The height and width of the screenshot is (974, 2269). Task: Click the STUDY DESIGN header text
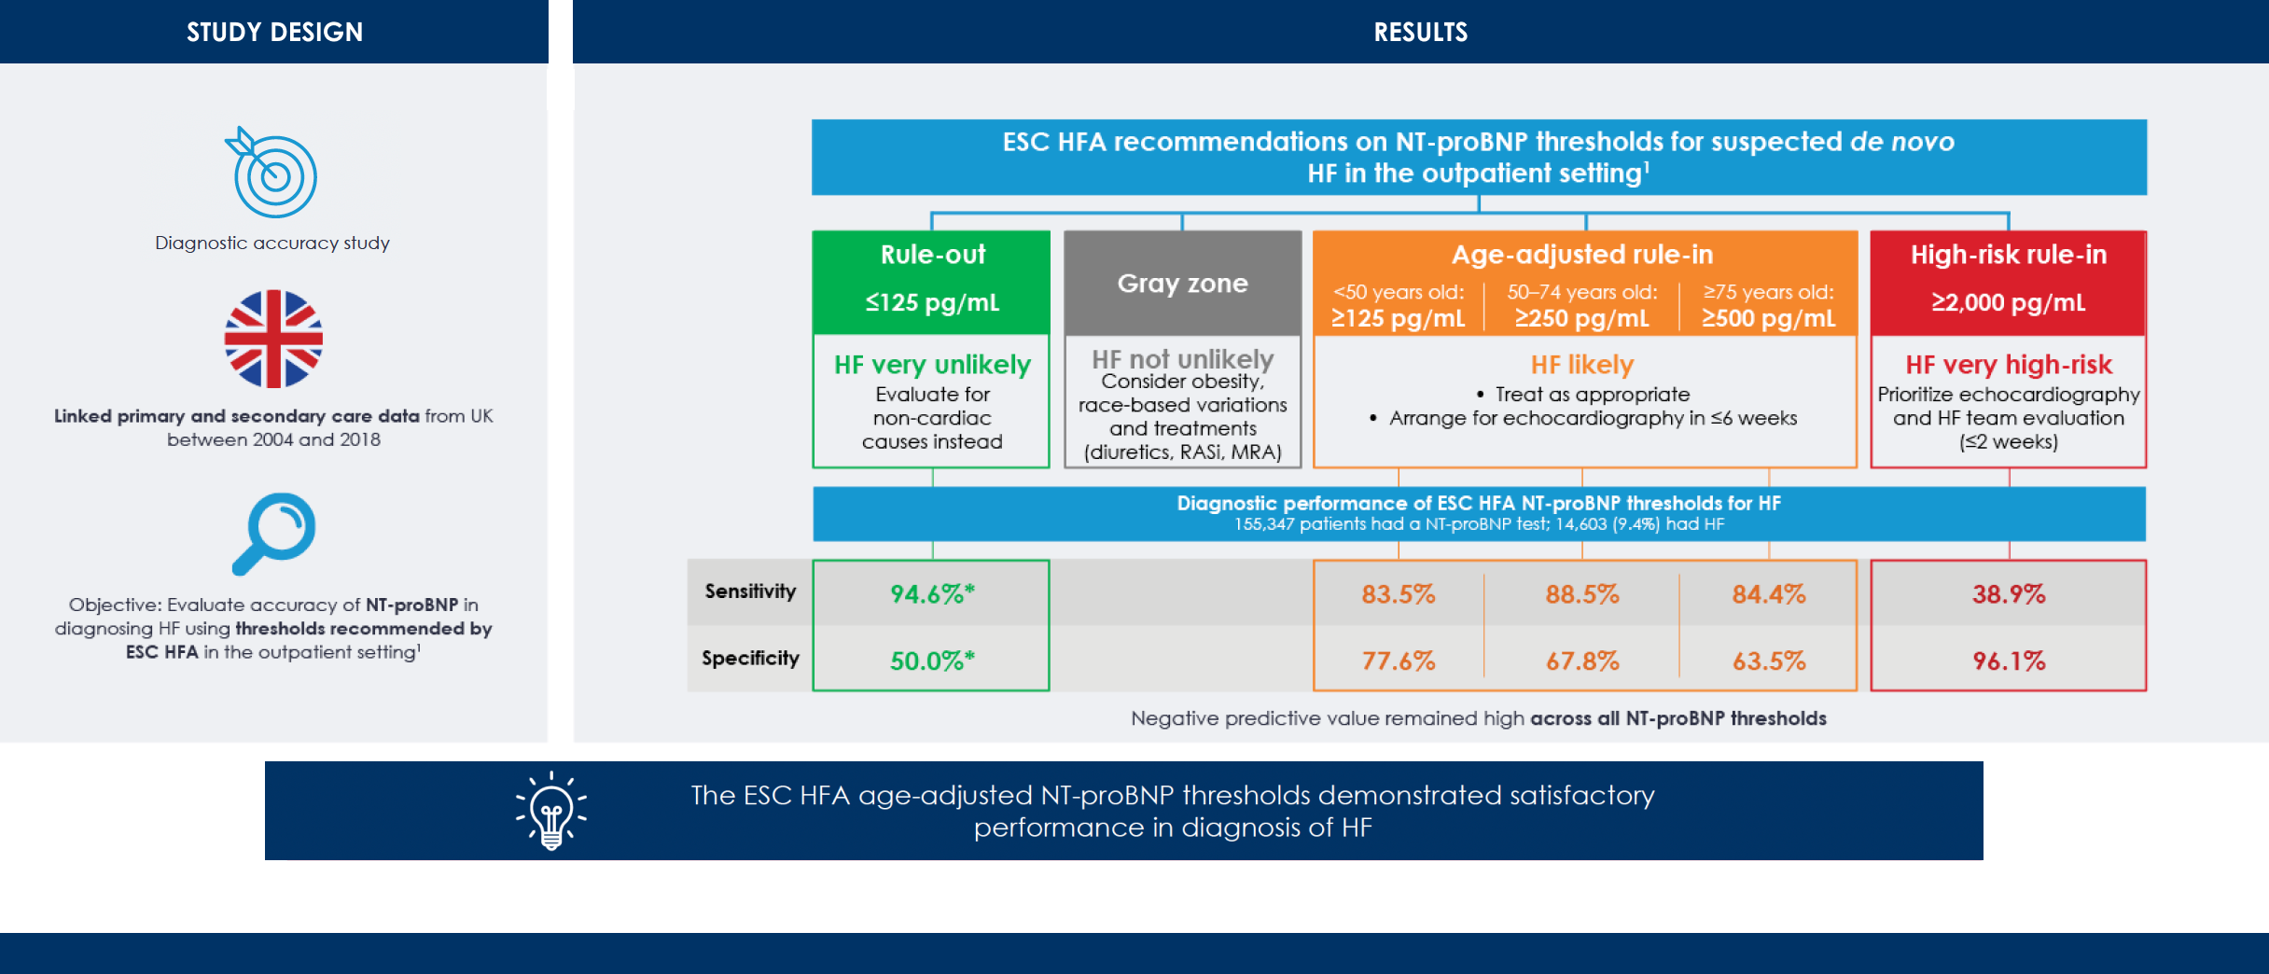click(x=274, y=32)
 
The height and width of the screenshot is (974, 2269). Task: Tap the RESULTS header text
click(x=1420, y=32)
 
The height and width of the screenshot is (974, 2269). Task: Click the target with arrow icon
click(x=272, y=174)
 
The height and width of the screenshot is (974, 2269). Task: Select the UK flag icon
click(x=273, y=339)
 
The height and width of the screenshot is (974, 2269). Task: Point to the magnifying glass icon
click(x=274, y=532)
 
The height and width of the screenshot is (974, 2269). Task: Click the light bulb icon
click(x=551, y=811)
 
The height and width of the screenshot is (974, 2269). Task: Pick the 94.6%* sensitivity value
click(x=931, y=594)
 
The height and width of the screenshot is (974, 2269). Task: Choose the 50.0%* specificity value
click(x=931, y=661)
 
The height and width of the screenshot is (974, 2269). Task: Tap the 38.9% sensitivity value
click(x=2008, y=594)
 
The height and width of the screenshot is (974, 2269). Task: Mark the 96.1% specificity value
click(x=2008, y=661)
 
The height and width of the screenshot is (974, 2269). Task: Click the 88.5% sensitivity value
click(x=1582, y=594)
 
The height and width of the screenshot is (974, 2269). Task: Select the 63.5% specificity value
click(x=1769, y=661)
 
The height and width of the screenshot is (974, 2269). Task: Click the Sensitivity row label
click(x=750, y=591)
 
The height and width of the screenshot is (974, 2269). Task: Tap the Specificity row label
click(x=750, y=659)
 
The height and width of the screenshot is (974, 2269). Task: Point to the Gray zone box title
click(x=1182, y=284)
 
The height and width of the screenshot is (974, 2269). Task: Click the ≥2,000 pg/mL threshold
click(x=2008, y=303)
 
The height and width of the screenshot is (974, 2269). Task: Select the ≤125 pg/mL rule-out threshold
click(x=931, y=303)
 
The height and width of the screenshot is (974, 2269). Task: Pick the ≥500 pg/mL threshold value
click(x=1768, y=319)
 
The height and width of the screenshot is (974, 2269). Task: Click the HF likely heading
click(x=1582, y=365)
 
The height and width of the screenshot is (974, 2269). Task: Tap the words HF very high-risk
click(x=2008, y=365)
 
